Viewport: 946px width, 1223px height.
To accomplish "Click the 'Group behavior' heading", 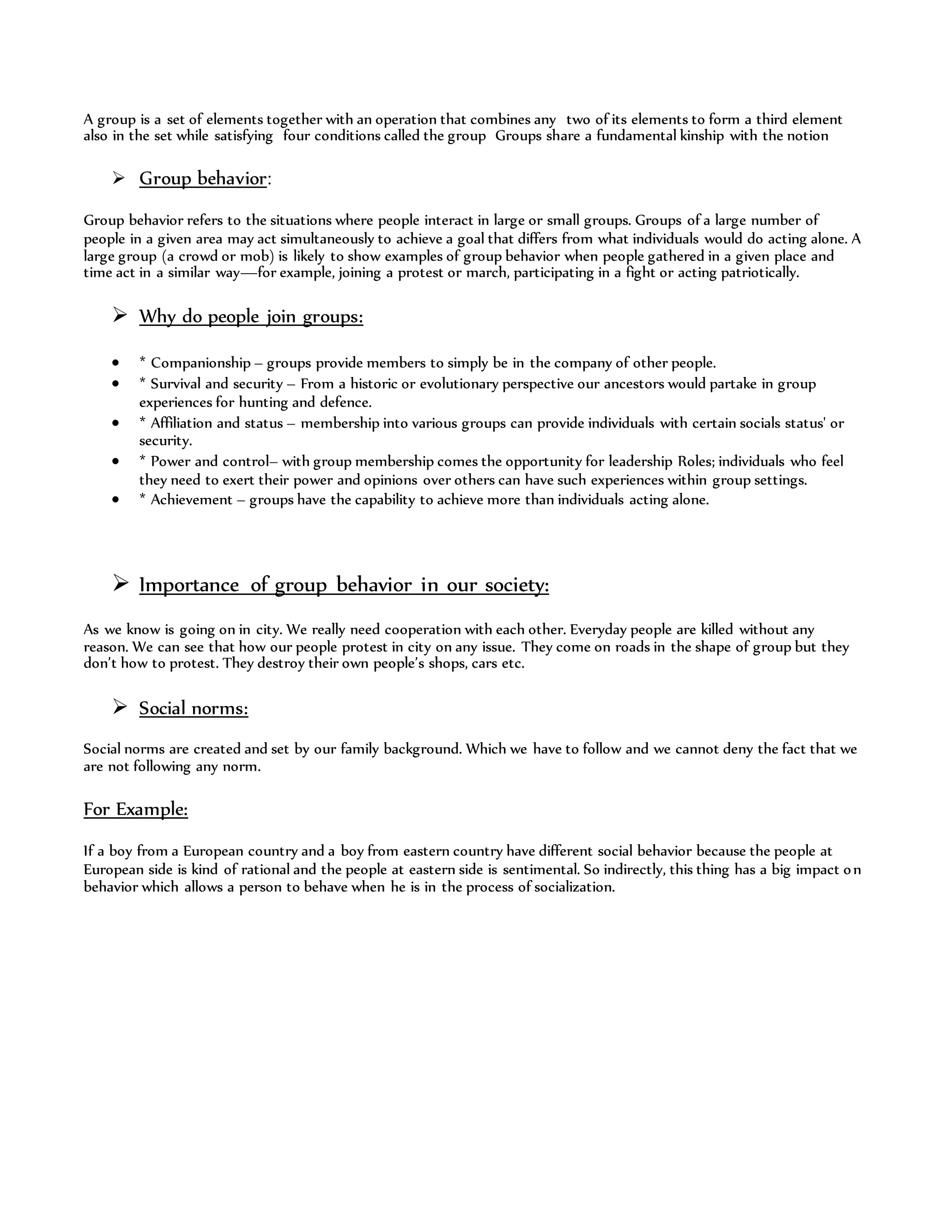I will [203, 179].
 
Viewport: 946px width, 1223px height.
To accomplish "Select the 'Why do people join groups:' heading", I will [251, 317].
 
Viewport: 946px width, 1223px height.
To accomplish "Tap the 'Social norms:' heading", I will [194, 708].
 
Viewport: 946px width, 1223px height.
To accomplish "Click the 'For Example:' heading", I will [136, 809].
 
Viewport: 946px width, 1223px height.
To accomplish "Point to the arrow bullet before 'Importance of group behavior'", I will [120, 583].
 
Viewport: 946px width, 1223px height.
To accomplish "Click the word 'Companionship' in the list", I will [200, 363].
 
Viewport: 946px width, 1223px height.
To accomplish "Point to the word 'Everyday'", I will [598, 629].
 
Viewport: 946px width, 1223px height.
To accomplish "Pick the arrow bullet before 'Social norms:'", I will [120, 707].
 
